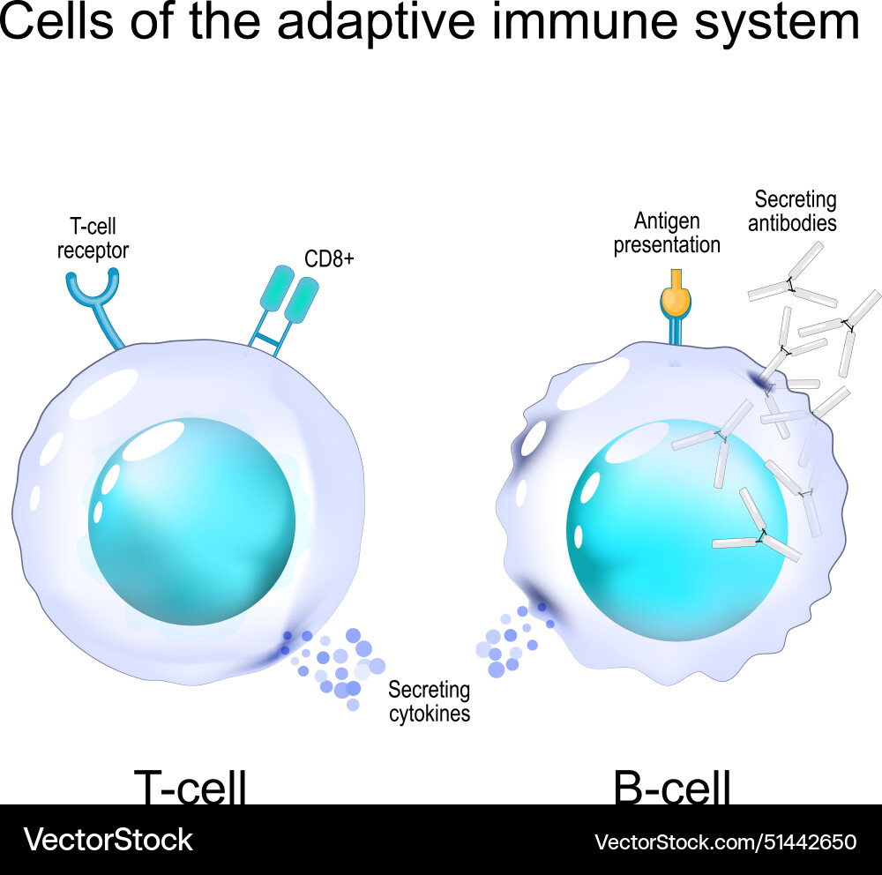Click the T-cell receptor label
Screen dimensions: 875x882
pyautogui.click(x=93, y=239)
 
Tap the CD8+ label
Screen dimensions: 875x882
pyautogui.click(x=329, y=258)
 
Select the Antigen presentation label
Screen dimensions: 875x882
pyautogui.click(x=667, y=233)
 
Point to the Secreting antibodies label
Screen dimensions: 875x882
pyautogui.click(x=792, y=211)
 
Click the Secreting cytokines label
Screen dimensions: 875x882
pyautogui.click(x=429, y=701)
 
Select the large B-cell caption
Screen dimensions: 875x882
pyautogui.click(x=672, y=788)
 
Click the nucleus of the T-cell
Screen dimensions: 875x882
pyautogui.click(x=191, y=521)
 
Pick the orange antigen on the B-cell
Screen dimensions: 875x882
pyautogui.click(x=676, y=299)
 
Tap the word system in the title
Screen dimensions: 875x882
pyautogui.click(x=777, y=24)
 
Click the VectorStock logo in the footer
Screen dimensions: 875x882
pyautogui.click(x=108, y=839)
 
